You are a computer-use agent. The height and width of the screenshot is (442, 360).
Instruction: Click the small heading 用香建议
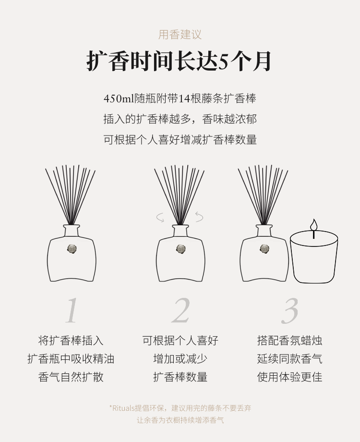point(180,35)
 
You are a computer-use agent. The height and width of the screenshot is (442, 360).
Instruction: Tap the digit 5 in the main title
point(223,61)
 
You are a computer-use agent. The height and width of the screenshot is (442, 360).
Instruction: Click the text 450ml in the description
point(119,98)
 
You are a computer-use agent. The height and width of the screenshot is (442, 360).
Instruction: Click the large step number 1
point(72,310)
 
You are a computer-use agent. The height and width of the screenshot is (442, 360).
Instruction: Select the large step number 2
point(180,310)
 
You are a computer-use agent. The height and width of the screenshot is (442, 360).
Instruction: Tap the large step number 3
point(289,311)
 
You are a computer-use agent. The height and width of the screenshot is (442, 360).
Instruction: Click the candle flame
point(313,225)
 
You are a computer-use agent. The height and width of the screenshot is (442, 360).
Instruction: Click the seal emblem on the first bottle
point(72,248)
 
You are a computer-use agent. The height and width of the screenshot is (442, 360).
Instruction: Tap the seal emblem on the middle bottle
point(180,248)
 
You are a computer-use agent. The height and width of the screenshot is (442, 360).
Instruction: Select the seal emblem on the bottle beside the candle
point(264,248)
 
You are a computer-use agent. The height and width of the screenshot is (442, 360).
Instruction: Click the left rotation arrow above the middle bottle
point(161,218)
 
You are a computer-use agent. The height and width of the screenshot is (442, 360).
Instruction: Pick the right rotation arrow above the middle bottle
point(199,217)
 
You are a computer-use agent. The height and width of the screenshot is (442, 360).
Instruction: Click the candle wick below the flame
point(313,234)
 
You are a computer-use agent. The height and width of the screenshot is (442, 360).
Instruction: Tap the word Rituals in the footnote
point(123,408)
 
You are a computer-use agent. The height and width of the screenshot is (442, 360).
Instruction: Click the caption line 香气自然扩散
point(71,377)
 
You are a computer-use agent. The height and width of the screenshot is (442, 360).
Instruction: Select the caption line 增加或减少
point(180,359)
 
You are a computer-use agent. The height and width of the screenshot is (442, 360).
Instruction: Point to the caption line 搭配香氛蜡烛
point(289,341)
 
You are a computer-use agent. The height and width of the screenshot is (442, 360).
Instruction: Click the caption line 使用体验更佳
point(289,377)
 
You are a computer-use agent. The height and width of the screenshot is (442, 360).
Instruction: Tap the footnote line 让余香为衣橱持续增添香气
point(180,420)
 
